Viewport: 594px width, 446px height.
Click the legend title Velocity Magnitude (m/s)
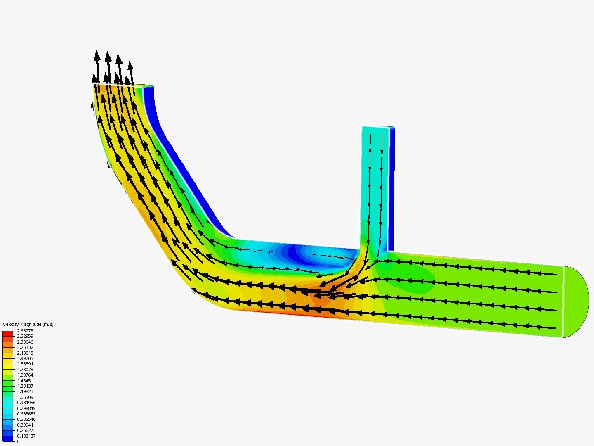point(28,324)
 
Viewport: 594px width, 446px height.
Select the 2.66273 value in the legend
point(25,331)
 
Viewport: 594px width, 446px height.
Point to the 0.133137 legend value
point(26,436)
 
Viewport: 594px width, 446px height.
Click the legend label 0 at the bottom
point(18,441)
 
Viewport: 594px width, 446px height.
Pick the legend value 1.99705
point(25,358)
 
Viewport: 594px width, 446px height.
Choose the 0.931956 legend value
point(26,403)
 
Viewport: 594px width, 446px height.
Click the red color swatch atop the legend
point(8,333)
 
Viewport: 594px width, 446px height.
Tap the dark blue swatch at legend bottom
point(8,439)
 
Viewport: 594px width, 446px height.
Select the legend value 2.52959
point(25,336)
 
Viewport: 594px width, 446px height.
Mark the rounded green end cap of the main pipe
point(576,302)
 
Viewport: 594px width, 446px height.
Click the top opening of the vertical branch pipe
point(376,127)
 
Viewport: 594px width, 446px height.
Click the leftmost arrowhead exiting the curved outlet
point(97,56)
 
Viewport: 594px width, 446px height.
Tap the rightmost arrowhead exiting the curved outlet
point(130,66)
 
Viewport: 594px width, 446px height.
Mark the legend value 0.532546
point(26,419)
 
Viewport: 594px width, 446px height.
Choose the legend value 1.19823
point(25,391)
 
